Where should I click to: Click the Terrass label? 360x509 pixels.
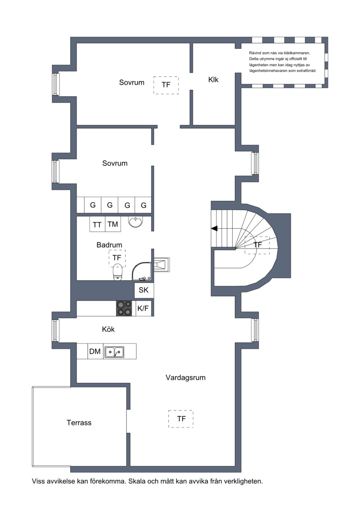(79, 423)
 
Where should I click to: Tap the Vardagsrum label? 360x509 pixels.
(185, 378)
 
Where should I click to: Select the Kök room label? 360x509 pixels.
(108, 329)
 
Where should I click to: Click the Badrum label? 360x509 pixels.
(109, 245)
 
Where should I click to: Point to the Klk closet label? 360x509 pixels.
(213, 80)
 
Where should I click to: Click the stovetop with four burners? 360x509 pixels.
(124, 308)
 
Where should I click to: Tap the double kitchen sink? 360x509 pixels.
(114, 351)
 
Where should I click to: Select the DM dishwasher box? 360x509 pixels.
(95, 351)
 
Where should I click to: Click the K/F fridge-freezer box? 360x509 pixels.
(143, 308)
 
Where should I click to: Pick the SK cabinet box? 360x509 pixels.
(143, 290)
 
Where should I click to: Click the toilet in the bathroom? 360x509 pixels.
(117, 272)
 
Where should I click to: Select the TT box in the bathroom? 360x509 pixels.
(97, 224)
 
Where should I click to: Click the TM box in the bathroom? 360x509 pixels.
(112, 224)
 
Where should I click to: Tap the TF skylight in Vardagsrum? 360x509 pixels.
(181, 419)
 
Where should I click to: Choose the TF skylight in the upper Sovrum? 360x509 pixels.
(166, 85)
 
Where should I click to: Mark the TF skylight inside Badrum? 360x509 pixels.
(117, 258)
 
